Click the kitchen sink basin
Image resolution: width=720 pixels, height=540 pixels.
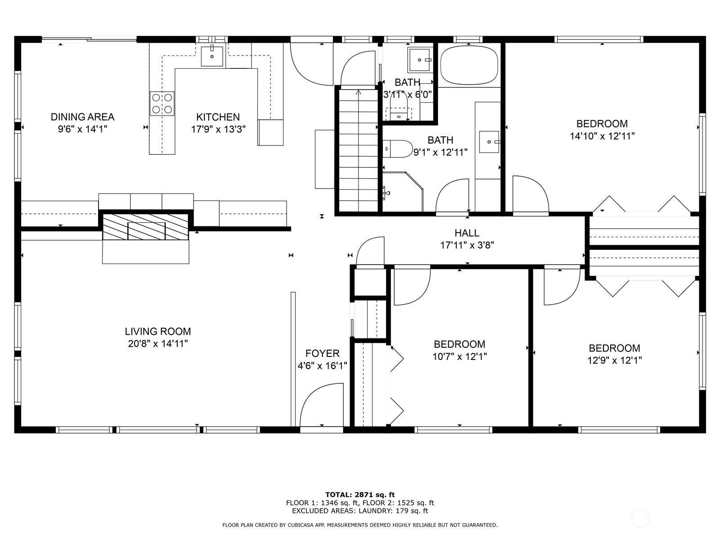point(212,56)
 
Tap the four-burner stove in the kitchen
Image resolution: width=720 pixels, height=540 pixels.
point(162,103)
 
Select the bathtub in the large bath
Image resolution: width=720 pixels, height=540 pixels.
point(469,66)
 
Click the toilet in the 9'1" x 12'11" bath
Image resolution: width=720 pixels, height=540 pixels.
point(397,149)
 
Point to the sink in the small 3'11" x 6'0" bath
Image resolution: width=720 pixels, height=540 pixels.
point(419,60)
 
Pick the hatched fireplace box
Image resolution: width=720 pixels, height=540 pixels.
point(146,227)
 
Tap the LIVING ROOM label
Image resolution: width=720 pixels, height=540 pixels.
point(158,332)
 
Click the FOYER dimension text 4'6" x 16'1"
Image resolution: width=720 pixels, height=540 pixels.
point(322,365)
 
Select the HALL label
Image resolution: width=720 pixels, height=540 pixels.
point(467,233)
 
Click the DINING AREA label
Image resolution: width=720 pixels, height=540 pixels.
point(82,117)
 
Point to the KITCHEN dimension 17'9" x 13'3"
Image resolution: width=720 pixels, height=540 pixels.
point(218,129)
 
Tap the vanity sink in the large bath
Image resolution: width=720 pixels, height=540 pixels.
point(489,142)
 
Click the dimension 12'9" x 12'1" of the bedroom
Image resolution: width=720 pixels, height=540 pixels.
point(614,360)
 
